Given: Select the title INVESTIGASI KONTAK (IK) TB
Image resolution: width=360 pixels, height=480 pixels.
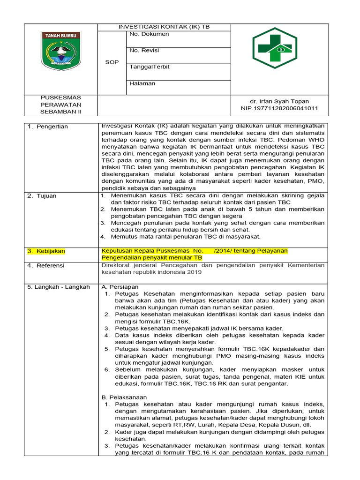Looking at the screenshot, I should click(164, 27).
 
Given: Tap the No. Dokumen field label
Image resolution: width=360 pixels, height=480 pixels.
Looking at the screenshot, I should click(150, 34).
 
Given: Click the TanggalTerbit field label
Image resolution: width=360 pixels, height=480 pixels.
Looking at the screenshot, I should click(150, 67).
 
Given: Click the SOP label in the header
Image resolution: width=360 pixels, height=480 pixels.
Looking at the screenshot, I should click(112, 62).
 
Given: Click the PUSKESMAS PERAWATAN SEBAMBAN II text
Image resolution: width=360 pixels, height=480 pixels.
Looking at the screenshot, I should click(60, 105).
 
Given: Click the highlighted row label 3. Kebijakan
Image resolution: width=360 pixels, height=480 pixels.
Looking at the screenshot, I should click(46, 251).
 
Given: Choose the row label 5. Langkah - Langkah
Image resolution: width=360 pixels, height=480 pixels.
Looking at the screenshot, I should click(58, 287).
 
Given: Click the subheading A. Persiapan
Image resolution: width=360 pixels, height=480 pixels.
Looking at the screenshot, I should click(120, 287).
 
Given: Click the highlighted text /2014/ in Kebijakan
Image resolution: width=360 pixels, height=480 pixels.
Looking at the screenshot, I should click(224, 251).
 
